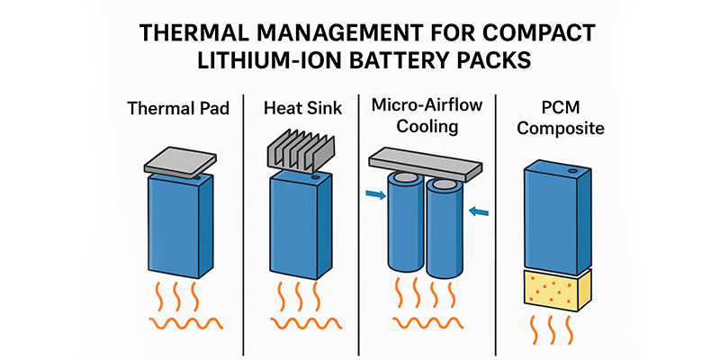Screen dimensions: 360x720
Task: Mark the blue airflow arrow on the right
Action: [x=481, y=211]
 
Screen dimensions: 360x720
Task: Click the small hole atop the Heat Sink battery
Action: [x=316, y=180]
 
